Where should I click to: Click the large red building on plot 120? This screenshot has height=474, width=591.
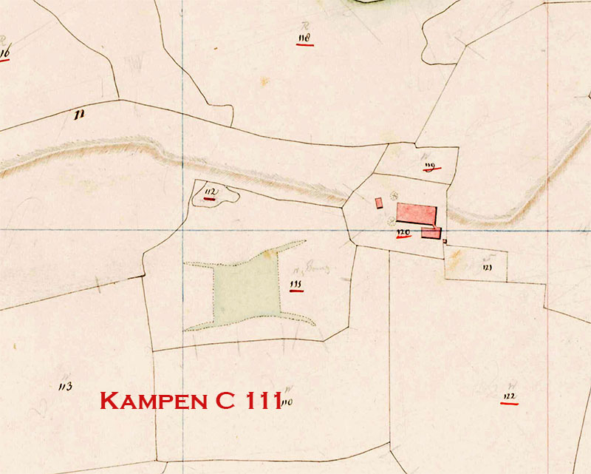tap(416, 213)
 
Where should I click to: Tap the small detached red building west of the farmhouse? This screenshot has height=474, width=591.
tap(379, 203)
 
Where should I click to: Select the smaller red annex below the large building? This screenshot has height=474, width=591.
tap(431, 233)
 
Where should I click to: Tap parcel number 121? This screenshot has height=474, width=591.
tap(488, 268)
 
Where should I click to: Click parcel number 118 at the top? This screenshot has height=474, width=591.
tap(304, 37)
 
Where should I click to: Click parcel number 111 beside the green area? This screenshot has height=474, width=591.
tap(297, 283)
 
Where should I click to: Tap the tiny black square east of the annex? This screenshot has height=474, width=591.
tap(445, 240)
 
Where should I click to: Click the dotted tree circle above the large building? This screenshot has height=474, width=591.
tap(394, 194)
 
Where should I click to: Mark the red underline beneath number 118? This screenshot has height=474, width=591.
tap(304, 44)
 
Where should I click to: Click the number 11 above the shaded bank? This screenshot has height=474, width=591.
tap(78, 114)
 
